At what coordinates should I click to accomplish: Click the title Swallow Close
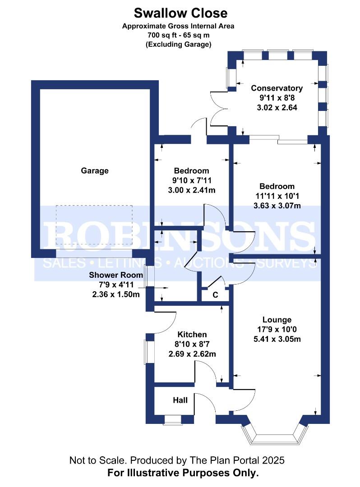pyautogui.click(x=180, y=13)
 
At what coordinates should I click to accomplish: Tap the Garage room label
pyautogui.click(x=95, y=170)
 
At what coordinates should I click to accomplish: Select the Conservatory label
pyautogui.click(x=277, y=88)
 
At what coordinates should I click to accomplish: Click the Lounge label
pyautogui.click(x=277, y=320)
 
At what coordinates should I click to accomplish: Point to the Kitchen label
pyautogui.click(x=192, y=334)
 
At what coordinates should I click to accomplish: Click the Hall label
pyautogui.click(x=180, y=400)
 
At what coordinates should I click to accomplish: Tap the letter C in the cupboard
pyautogui.click(x=216, y=295)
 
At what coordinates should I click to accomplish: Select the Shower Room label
pyautogui.click(x=116, y=275)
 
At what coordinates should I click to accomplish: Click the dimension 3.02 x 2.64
pyautogui.click(x=277, y=107)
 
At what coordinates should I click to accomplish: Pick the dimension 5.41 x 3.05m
pyautogui.click(x=277, y=339)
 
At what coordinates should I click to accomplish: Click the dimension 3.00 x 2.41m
pyautogui.click(x=192, y=190)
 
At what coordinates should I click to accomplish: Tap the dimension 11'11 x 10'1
pyautogui.click(x=277, y=196)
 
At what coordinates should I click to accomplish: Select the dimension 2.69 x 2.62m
pyautogui.click(x=192, y=354)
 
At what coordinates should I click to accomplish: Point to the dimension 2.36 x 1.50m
pyautogui.click(x=116, y=294)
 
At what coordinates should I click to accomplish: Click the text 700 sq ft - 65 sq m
pyautogui.click(x=178, y=35)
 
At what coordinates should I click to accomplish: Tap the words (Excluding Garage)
pyautogui.click(x=179, y=44)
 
